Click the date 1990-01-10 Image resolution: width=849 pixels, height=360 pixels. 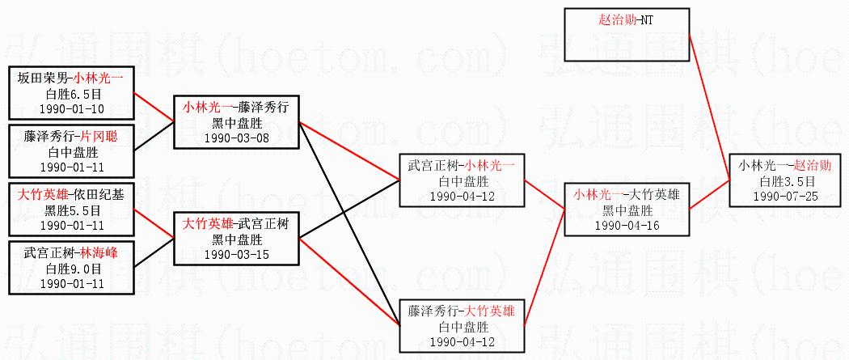pos(71,108)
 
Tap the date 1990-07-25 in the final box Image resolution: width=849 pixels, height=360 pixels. pos(785,196)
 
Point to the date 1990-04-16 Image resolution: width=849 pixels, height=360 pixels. pos(627,226)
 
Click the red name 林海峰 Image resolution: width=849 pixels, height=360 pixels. pos(99,252)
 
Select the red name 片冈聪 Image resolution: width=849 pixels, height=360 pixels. pos(99,135)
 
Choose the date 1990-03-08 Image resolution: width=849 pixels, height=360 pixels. pos(237,138)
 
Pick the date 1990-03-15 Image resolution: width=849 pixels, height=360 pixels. pos(237,255)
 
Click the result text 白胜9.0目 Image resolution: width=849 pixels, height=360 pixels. pos(71,268)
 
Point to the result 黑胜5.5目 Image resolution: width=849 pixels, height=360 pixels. pos(71,210)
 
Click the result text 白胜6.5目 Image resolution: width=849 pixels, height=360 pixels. pos(71,93)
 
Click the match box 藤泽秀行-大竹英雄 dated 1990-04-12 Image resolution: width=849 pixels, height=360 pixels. pos(462,326)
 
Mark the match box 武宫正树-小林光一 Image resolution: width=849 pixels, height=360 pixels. pos(462,180)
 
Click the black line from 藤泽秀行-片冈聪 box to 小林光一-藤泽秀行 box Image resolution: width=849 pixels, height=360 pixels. pos(154,136)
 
